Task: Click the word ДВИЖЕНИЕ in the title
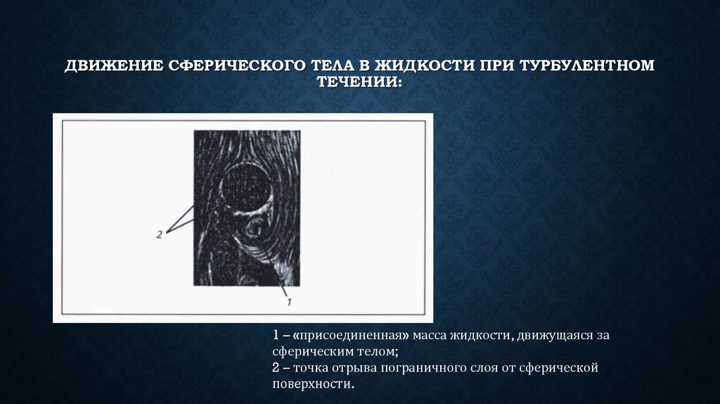coord(112,66)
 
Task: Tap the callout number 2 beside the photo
coord(160,234)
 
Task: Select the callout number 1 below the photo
coord(288,301)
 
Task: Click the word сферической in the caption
coord(562,368)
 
